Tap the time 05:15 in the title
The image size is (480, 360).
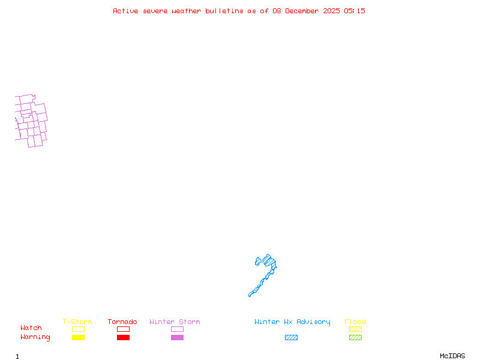pyautogui.click(x=355, y=11)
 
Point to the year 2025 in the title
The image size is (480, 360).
pyautogui.click(x=332, y=11)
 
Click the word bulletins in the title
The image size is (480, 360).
pyautogui.click(x=224, y=11)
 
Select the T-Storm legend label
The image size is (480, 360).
pyautogui.click(x=77, y=322)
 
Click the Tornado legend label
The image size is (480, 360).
pyautogui.click(x=122, y=322)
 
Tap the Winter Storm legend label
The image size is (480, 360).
pyautogui.click(x=175, y=322)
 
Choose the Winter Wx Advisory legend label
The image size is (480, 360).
pyautogui.click(x=292, y=322)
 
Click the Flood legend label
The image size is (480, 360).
pyautogui.click(x=355, y=322)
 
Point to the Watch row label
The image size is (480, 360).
pyautogui.click(x=31, y=328)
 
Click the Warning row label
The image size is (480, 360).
pyautogui.click(x=35, y=337)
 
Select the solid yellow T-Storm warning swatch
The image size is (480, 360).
pyautogui.click(x=78, y=338)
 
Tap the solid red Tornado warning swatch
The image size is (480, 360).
pyautogui.click(x=123, y=338)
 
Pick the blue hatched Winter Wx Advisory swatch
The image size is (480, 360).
pyautogui.click(x=291, y=338)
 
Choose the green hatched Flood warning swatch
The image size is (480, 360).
pyautogui.click(x=355, y=338)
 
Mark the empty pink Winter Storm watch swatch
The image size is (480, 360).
pyautogui.click(x=177, y=329)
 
